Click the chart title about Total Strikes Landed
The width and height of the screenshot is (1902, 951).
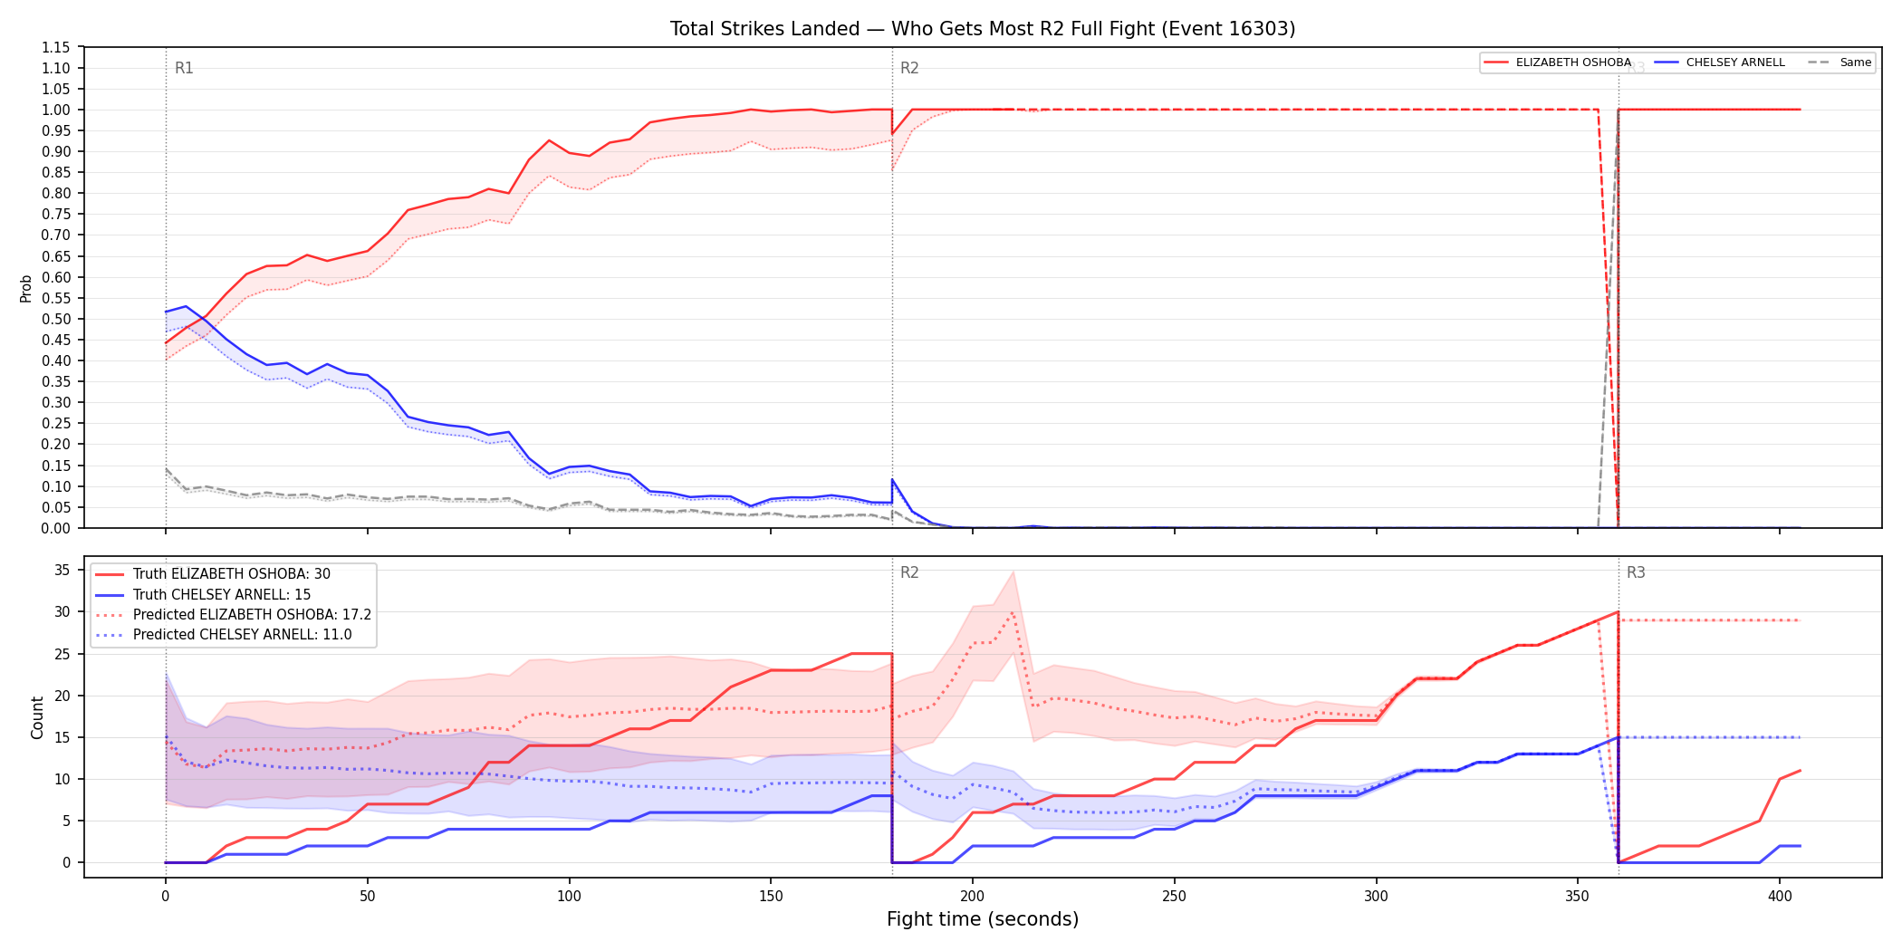tap(983, 29)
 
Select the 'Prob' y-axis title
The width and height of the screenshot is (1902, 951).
tap(26, 288)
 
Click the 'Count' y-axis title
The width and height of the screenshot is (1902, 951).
tap(37, 717)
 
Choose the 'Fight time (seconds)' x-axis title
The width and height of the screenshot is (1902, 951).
tap(983, 919)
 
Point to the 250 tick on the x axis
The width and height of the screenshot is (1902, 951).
tap(1174, 897)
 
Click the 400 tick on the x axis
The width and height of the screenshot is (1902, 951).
tap(1780, 897)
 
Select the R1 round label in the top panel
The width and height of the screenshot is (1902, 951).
tap(184, 68)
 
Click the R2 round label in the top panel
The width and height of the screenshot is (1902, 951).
tap(909, 68)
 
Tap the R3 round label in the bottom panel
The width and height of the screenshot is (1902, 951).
tap(1636, 572)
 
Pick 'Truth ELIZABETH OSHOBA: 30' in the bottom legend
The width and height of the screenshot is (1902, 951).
tap(231, 574)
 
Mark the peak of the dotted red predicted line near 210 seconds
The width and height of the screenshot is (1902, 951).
tap(1013, 612)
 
